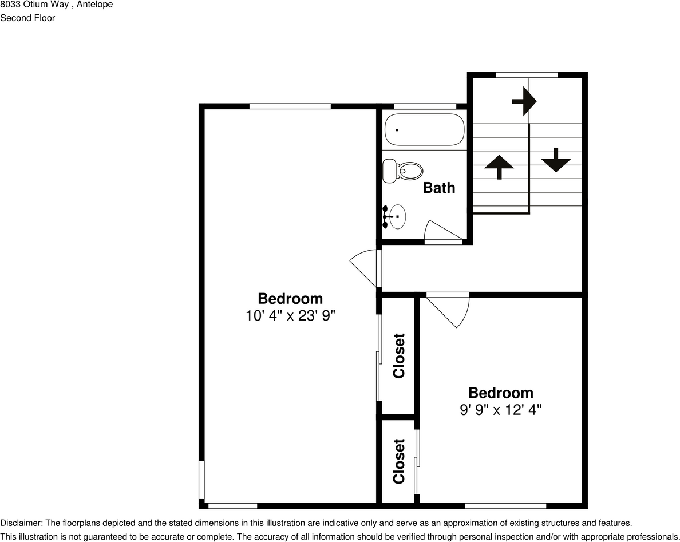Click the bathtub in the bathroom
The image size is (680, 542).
point(424,130)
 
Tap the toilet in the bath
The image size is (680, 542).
point(403,171)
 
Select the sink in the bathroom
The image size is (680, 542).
point(395,216)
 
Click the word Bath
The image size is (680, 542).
point(439,188)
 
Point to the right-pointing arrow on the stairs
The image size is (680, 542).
point(524,101)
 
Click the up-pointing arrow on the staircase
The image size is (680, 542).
point(499,167)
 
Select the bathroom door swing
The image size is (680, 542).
point(442,232)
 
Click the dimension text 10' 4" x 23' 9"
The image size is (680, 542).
point(290,315)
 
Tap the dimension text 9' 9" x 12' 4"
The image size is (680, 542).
point(500,410)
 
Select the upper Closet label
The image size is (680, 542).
point(398,355)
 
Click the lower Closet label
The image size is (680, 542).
point(398,461)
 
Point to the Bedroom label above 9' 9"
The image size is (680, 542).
point(500,393)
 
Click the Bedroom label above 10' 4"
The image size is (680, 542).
point(290,298)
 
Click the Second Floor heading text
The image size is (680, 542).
point(27,18)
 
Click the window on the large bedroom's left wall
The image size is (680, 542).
point(201,480)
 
